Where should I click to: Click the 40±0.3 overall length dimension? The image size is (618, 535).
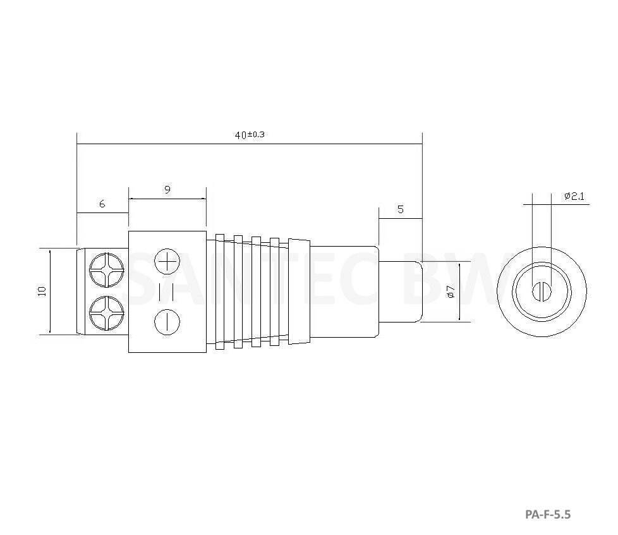coord(249,135)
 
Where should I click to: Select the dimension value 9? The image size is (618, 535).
coord(167,189)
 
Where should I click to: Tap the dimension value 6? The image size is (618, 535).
coord(102,204)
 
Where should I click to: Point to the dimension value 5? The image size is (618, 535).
coord(400,209)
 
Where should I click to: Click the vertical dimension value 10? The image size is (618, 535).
coord(42,291)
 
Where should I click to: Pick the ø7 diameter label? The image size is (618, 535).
coord(450,292)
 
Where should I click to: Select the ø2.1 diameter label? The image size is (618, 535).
coord(574,197)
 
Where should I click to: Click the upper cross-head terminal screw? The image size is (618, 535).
coord(105,269)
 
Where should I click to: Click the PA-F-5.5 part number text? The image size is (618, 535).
coord(547,514)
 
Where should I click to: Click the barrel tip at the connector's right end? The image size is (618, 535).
coord(400,292)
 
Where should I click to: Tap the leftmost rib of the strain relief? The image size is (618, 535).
coord(220,292)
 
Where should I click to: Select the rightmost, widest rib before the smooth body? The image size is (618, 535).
coord(299,292)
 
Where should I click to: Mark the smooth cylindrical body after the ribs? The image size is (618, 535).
coord(344,292)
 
